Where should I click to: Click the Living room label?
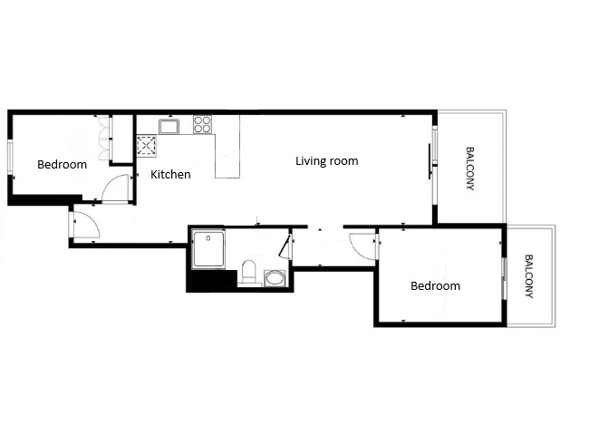(x=327, y=161)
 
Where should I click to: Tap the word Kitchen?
(x=170, y=174)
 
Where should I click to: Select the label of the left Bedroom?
(x=62, y=165)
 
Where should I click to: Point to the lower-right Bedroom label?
(x=435, y=285)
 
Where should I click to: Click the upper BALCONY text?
(x=470, y=169)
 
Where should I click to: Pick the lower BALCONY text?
(x=529, y=276)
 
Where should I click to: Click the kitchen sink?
(x=169, y=127)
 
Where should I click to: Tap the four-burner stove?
(x=202, y=124)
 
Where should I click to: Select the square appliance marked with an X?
(x=147, y=146)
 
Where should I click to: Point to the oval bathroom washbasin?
(x=275, y=278)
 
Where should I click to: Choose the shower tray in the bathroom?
(x=208, y=249)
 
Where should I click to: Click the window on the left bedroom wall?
(x=11, y=157)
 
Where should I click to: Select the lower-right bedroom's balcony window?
(x=505, y=278)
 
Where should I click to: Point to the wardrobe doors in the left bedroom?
(x=105, y=139)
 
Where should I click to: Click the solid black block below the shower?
(x=212, y=280)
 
